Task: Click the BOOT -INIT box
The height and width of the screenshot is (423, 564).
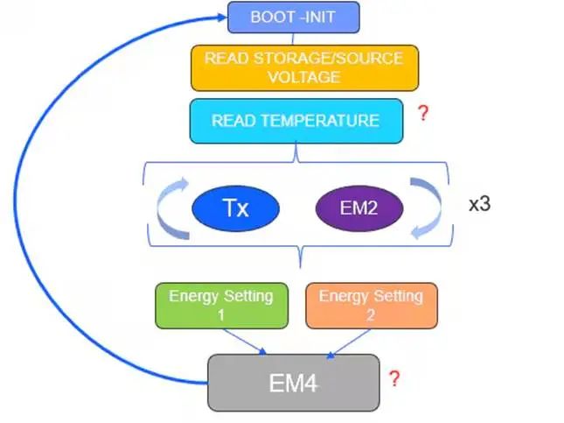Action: (293, 17)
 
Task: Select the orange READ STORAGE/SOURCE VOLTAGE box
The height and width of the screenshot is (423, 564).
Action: (304, 67)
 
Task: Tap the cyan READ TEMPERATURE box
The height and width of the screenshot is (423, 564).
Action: (296, 120)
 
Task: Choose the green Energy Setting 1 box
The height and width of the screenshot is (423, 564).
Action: (220, 304)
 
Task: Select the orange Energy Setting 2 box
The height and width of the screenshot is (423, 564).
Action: (370, 304)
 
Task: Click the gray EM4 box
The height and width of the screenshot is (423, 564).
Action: (293, 382)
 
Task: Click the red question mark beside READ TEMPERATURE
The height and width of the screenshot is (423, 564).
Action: (423, 114)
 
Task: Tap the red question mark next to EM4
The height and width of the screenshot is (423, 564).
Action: (394, 379)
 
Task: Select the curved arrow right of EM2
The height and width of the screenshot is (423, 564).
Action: (428, 210)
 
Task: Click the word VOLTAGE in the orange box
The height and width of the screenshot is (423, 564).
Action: (304, 76)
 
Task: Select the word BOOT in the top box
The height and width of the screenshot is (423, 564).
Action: (272, 17)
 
